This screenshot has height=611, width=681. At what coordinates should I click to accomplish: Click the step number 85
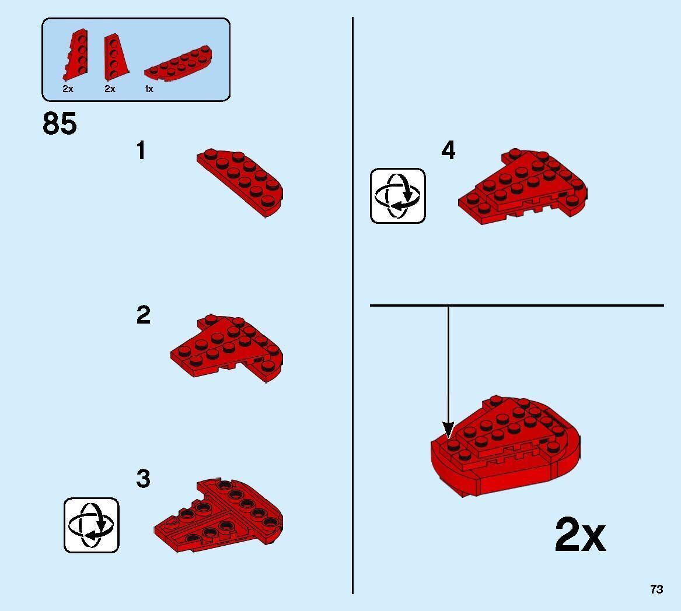[60, 124]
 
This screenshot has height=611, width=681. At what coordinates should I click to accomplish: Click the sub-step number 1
[141, 151]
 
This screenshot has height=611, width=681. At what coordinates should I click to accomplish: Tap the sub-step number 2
[143, 315]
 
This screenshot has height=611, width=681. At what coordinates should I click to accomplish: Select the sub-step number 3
[143, 479]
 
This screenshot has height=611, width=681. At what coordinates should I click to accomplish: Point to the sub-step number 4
[448, 151]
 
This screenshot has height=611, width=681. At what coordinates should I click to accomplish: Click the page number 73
[656, 589]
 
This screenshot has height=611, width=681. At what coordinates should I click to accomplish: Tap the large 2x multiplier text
[579, 535]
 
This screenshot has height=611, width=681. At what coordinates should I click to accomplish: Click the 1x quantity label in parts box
[149, 89]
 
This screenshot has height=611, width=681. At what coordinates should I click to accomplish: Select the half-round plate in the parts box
[177, 64]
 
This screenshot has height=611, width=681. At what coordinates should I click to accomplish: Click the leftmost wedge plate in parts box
[75, 56]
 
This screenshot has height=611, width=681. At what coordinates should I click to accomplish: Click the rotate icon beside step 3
[91, 525]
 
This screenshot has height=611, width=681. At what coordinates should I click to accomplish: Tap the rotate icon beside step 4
[398, 195]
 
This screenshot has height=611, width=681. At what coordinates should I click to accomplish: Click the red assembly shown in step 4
[523, 185]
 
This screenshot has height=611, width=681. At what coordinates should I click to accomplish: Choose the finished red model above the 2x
[505, 447]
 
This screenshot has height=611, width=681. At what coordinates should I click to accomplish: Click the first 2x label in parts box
[68, 89]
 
